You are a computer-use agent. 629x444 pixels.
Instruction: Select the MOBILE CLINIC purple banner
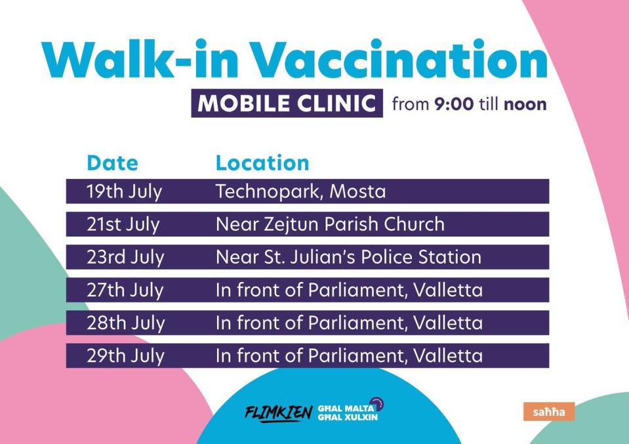287,103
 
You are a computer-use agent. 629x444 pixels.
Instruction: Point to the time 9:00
454,104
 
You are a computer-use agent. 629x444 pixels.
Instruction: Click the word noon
525,104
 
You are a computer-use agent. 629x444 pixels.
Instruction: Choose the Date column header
112,163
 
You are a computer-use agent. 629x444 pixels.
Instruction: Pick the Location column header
262,163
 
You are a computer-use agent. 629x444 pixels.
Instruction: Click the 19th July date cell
125,192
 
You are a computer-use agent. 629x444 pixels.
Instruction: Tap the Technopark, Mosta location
300,192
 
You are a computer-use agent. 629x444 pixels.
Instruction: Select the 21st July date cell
123,224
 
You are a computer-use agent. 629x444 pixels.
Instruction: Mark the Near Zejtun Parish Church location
330,224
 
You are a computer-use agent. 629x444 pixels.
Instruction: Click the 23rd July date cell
125,258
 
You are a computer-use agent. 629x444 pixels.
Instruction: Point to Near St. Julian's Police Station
348,257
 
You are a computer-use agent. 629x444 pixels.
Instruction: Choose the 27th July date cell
125,291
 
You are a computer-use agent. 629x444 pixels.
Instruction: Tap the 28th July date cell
125,323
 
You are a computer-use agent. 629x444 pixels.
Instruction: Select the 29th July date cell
125,356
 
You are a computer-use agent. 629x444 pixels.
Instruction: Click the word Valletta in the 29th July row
448,355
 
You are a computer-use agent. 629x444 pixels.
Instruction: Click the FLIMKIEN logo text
278,413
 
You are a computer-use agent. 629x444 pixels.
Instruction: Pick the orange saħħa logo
549,411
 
